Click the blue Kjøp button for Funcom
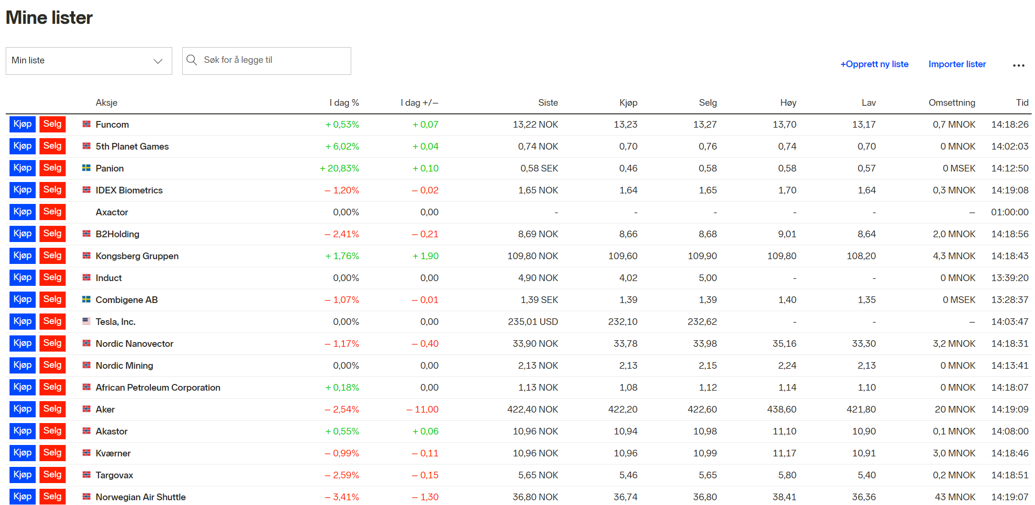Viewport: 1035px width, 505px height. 22,124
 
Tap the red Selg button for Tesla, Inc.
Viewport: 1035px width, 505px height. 52,322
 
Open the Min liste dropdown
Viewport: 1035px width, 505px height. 89,61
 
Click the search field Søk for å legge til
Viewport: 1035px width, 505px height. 266,61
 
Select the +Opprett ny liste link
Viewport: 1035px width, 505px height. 874,64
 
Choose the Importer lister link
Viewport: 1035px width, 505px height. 957,64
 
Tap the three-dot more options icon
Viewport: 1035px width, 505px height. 1018,65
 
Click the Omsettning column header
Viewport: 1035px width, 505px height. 952,103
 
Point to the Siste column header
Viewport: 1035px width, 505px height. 548,103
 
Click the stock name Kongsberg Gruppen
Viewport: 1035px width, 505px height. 137,256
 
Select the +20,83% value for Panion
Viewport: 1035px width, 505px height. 340,169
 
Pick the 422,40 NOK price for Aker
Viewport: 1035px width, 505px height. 532,410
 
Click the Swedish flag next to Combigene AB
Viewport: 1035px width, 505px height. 86,300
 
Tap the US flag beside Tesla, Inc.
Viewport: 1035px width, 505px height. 86,322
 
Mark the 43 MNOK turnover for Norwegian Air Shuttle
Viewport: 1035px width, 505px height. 955,497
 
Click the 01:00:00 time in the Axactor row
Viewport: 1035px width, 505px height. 1009,212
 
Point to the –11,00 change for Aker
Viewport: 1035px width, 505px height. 423,410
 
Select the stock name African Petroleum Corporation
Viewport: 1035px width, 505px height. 158,388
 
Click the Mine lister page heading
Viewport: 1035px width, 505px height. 49,18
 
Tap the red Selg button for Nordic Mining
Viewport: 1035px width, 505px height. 52,365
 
